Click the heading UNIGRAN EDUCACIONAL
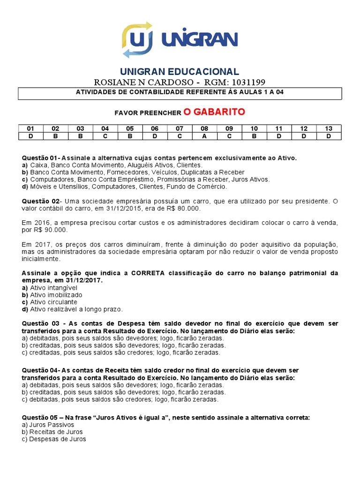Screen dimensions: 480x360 pos(180,72)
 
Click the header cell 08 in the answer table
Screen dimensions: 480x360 pos(204,128)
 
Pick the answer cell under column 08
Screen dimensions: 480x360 pos(204,136)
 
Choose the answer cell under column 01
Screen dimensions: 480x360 pos(30,136)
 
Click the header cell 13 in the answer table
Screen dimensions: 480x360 pos(329,128)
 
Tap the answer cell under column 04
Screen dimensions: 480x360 pos(105,136)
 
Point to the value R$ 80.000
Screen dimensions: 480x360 pos(177,208)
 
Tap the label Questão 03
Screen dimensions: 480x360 pos(40,324)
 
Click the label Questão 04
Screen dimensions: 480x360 pos(40,370)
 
